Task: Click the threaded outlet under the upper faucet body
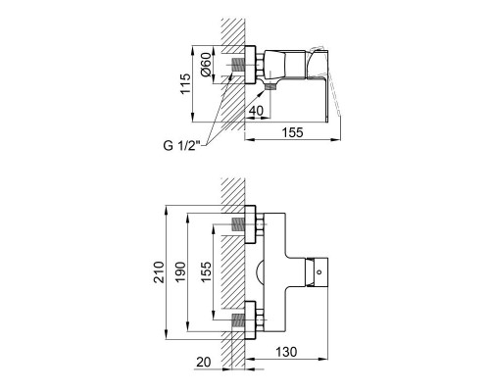click(268, 87)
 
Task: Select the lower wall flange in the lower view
click(251, 320)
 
